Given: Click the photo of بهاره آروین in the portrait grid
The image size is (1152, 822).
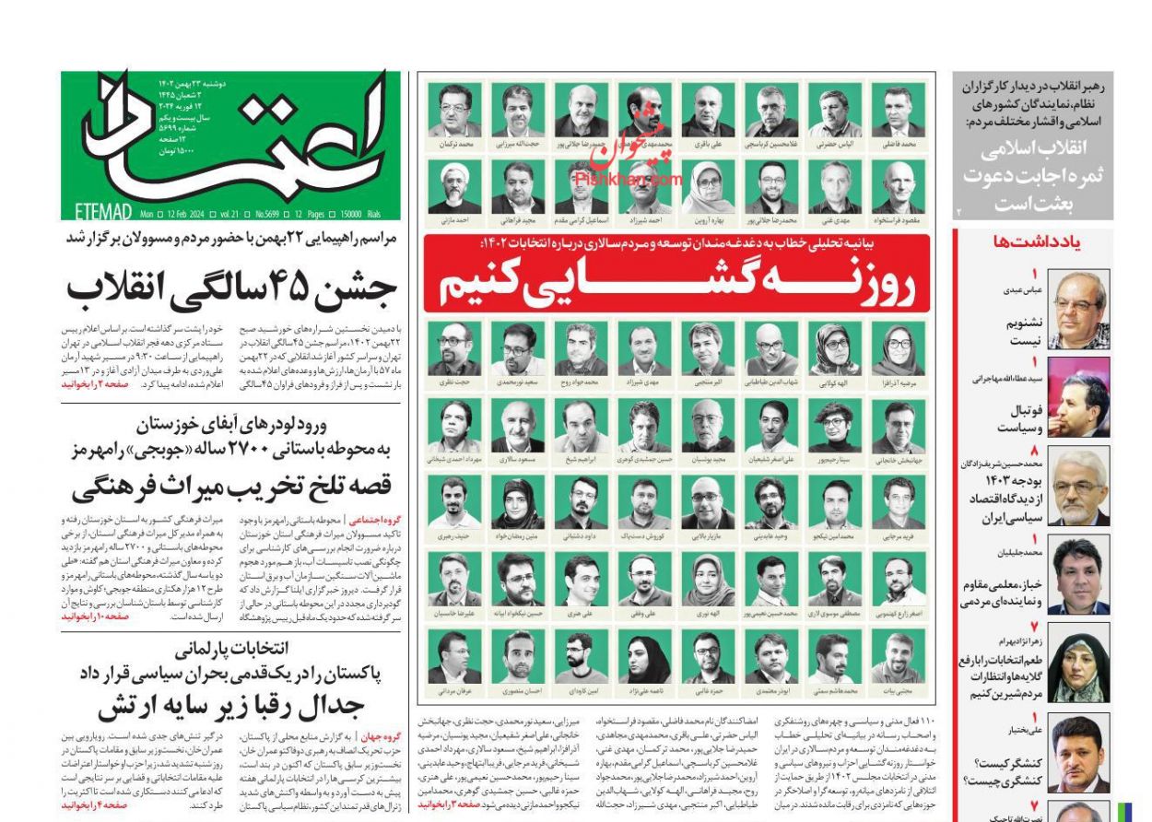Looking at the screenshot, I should coord(707,189).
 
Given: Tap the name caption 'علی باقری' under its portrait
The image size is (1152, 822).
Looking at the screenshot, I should coord(707,145).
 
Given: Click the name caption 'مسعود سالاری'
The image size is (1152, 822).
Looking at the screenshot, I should coord(517,459).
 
